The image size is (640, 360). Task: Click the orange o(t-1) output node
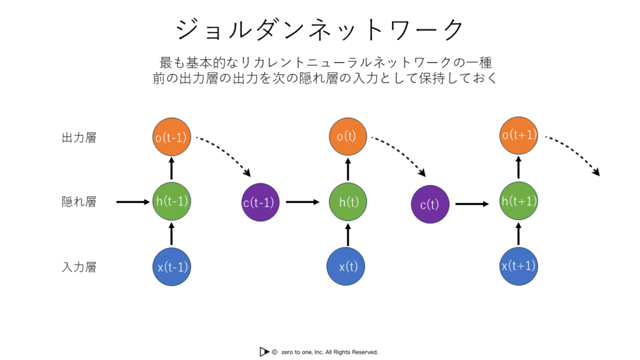(x=171, y=137)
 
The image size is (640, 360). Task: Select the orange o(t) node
(x=347, y=136)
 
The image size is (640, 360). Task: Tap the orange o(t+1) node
(x=518, y=136)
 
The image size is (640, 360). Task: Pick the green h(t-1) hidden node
(x=171, y=202)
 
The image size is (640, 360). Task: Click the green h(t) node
(x=347, y=202)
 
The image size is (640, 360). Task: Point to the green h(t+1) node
(x=518, y=201)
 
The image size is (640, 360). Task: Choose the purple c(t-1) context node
(x=261, y=202)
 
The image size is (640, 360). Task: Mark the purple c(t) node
(x=430, y=204)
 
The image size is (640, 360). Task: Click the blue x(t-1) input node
(x=171, y=267)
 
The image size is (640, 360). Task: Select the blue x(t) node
(x=346, y=266)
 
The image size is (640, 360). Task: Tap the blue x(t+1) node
(x=518, y=266)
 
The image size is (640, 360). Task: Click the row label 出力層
(x=79, y=137)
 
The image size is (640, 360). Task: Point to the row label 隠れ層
(x=79, y=202)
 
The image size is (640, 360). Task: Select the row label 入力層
(x=79, y=267)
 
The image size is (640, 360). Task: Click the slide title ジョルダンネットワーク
(x=320, y=29)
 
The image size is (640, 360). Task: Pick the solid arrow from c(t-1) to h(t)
(x=302, y=202)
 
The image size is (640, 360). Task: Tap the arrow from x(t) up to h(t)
(x=347, y=235)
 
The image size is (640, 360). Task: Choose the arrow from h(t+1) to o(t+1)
(x=518, y=167)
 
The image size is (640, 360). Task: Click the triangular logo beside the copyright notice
(x=264, y=351)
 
